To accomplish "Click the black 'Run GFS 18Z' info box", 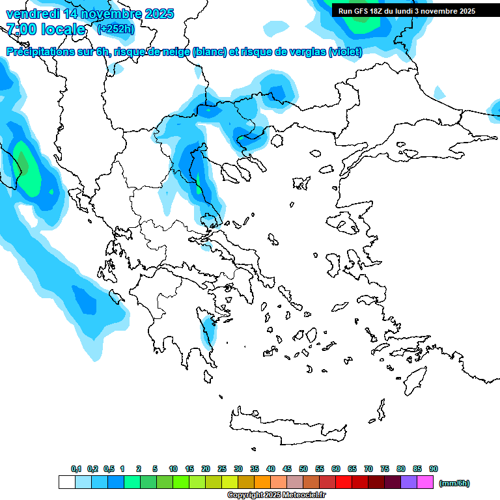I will point(407,11).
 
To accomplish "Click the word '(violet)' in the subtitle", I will point(345,52).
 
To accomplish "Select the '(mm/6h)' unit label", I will point(454,483).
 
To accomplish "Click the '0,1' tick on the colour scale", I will point(76,469).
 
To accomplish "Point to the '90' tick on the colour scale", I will point(434,469).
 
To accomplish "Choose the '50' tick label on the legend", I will point(303,469).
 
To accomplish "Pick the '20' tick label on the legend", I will point(206,469).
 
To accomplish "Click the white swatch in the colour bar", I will point(67,482).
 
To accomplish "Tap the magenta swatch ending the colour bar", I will point(425,482).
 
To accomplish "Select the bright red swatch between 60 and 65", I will point(344,482).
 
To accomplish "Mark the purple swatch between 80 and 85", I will point(409,482).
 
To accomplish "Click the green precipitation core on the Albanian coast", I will point(26,169).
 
